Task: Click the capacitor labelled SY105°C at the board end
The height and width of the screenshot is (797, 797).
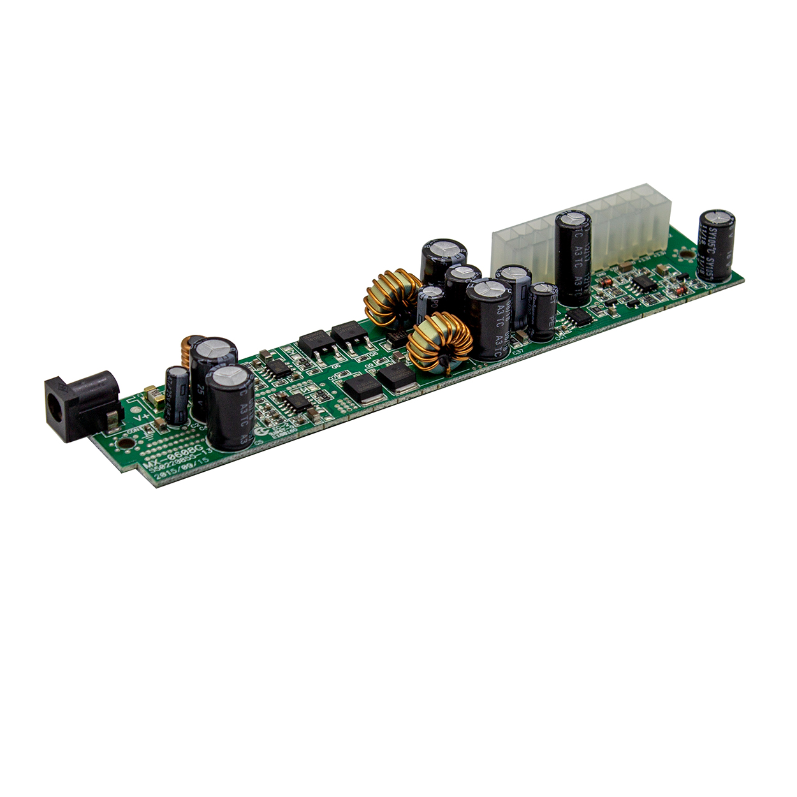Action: point(717,245)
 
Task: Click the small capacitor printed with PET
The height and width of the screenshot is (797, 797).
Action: point(543,311)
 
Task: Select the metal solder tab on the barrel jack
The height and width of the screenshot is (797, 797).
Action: point(112,419)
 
